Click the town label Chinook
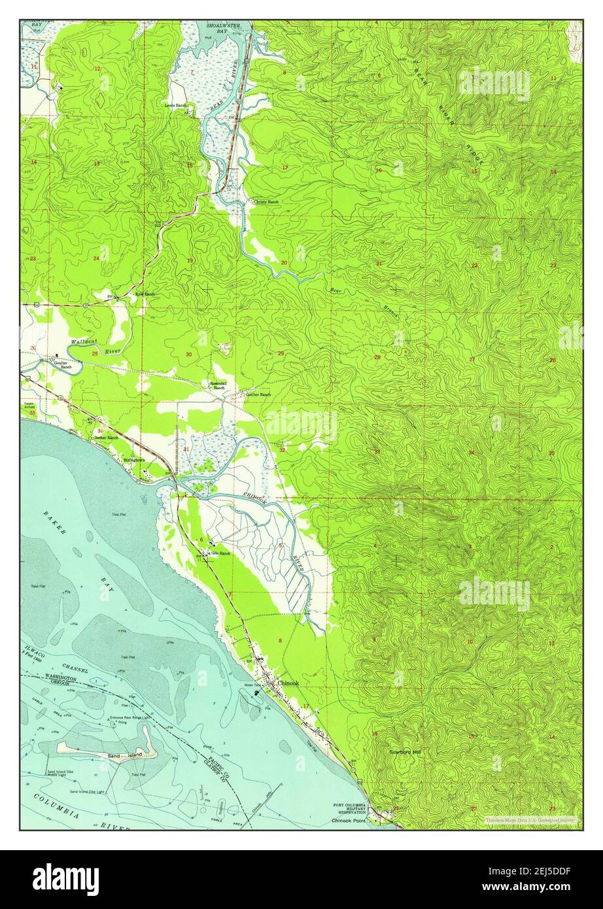(x=288, y=683)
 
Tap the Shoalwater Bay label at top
(x=224, y=28)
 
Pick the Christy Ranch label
(x=266, y=201)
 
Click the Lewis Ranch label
(x=176, y=105)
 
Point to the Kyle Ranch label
(x=145, y=294)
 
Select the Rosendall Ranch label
(x=217, y=386)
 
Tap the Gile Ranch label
(x=220, y=553)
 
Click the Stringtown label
(x=135, y=460)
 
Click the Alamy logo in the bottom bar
(x=65, y=879)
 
